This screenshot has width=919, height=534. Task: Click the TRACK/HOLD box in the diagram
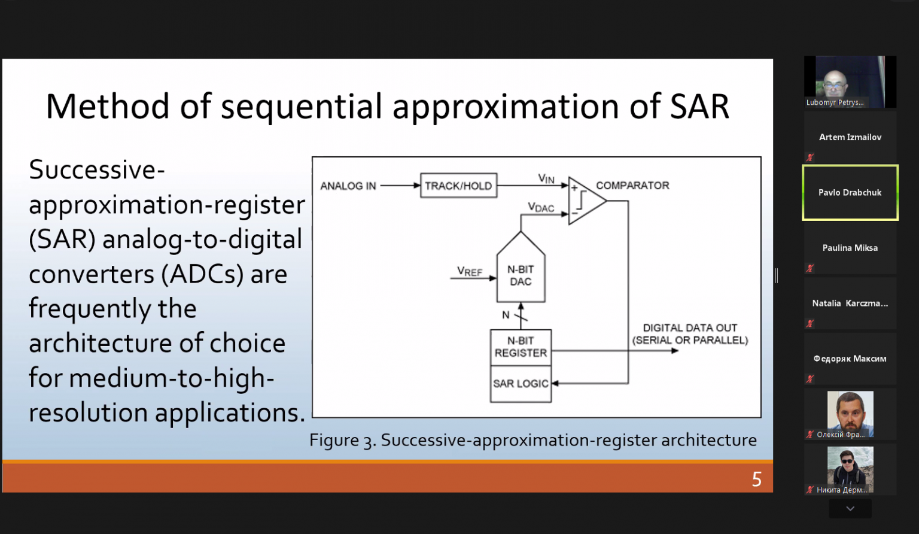[459, 186]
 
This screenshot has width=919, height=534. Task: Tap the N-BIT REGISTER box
[521, 347]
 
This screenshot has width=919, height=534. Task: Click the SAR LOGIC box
[521, 384]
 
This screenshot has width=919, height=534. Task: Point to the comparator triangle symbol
[587, 201]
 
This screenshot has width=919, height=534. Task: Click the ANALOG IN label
[348, 186]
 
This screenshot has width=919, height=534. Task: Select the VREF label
[470, 271]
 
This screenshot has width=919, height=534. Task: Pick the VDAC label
[541, 207]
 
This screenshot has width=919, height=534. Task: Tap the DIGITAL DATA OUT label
[690, 328]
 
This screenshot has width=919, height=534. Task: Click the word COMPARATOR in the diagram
[632, 186]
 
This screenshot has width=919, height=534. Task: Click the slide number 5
[757, 479]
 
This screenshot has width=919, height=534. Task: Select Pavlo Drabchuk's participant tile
[850, 193]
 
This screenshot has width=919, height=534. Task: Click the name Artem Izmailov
[850, 137]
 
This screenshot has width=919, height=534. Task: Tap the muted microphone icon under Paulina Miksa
[810, 268]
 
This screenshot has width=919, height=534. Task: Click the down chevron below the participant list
[850, 508]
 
